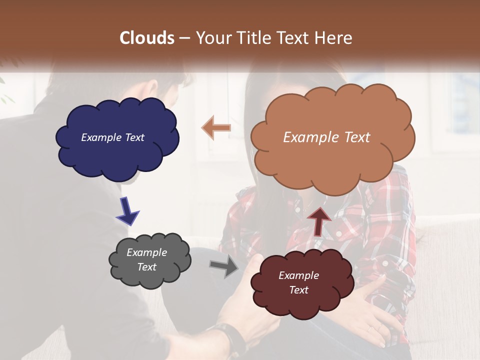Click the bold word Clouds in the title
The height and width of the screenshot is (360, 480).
pyautogui.click(x=147, y=38)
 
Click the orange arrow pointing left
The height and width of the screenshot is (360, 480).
pyautogui.click(x=216, y=128)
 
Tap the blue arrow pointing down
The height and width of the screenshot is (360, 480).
pyautogui.click(x=127, y=210)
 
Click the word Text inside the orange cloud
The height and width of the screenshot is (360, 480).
pyautogui.click(x=353, y=137)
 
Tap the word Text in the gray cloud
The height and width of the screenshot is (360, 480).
pyautogui.click(x=147, y=267)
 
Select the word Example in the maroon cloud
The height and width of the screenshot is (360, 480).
pyautogui.click(x=298, y=275)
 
